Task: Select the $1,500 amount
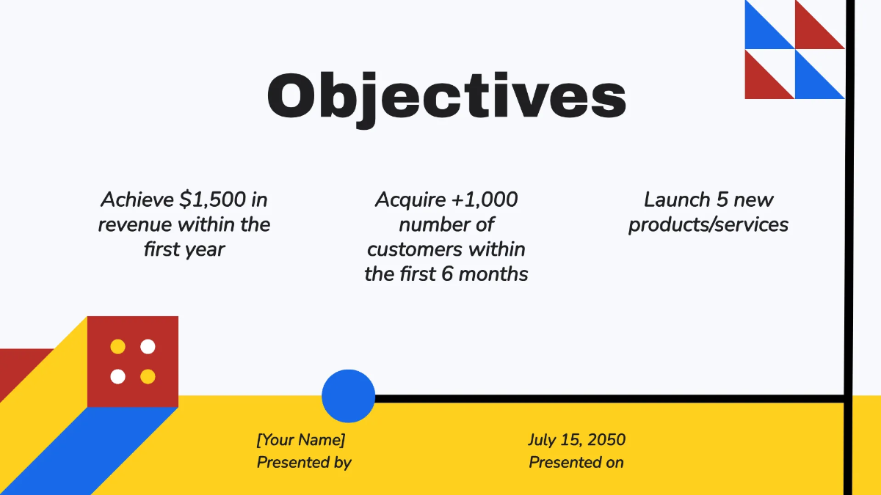point(213,199)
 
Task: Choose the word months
point(497,274)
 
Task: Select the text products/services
point(708,224)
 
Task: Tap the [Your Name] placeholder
point(301,440)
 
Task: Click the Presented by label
point(304,463)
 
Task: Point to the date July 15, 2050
point(576,440)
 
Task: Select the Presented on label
point(576,463)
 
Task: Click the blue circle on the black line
point(349,396)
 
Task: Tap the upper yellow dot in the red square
point(117,346)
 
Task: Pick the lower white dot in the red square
point(117,377)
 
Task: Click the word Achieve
point(137,199)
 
